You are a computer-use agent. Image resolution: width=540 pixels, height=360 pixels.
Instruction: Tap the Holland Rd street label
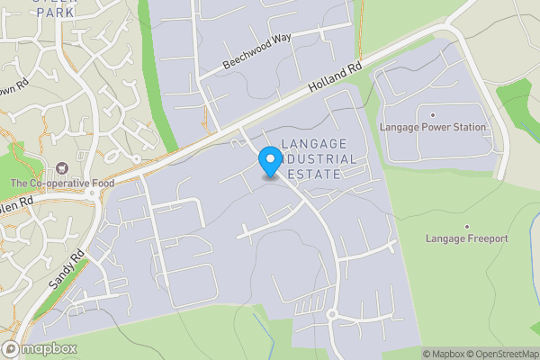pos(333,79)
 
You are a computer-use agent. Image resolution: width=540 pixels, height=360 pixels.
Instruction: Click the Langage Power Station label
pos(433,128)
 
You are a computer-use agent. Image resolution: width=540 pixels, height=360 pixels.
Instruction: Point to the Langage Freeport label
pos(467,238)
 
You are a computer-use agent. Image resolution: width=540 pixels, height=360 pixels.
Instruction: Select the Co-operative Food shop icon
pos(62,168)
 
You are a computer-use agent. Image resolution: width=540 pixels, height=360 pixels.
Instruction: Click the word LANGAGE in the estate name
pos(313,144)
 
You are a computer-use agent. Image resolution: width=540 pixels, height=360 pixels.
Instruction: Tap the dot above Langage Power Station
pos(433,115)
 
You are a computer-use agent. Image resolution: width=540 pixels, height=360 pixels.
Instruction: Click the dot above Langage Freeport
pos(467,226)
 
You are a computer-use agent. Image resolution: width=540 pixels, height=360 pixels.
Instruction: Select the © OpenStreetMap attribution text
pos(504,353)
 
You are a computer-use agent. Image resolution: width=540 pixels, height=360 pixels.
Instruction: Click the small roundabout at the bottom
pos(332,314)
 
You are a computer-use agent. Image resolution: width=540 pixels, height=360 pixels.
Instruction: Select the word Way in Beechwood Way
pos(281,40)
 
